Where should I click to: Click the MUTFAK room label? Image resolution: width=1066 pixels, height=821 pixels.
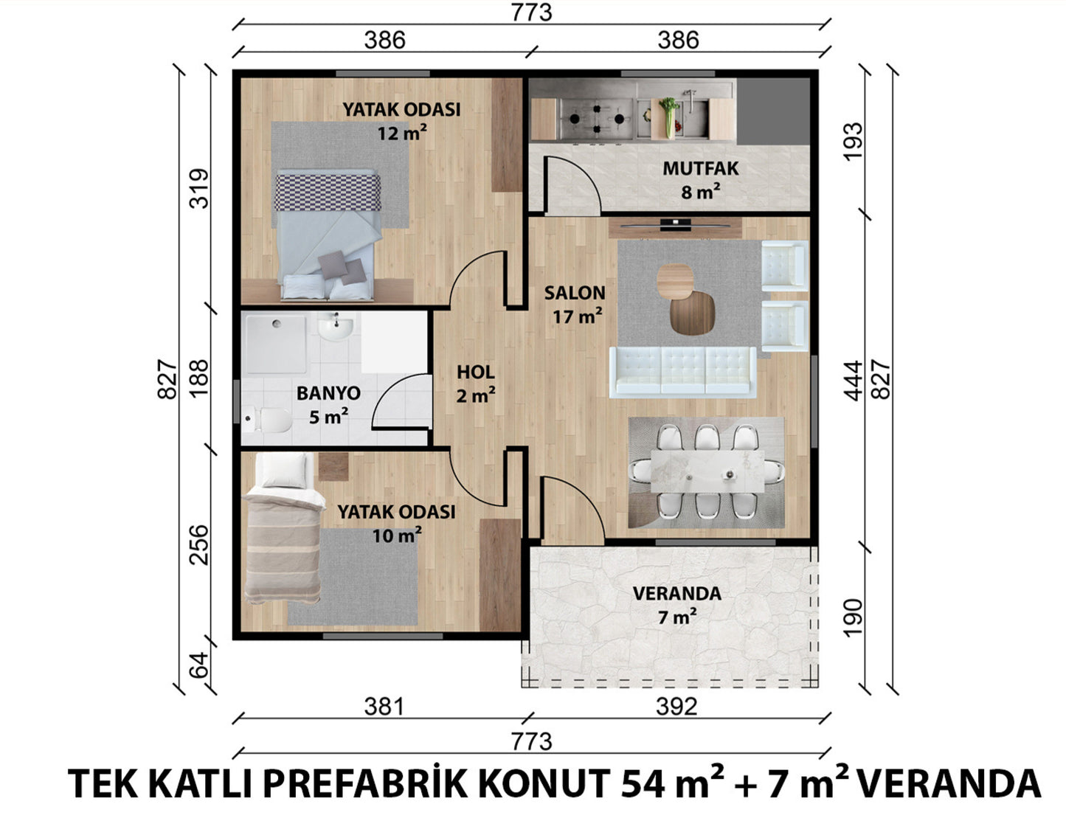[x=701, y=169]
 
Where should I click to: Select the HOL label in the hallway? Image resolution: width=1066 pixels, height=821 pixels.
[x=476, y=373]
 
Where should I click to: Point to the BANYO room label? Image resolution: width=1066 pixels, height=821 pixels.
[x=328, y=393]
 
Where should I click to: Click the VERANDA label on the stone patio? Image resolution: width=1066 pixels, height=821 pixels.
[x=677, y=594]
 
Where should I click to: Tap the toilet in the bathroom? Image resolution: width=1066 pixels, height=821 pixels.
[x=267, y=420]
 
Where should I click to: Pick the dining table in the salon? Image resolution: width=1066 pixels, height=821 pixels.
[x=707, y=471]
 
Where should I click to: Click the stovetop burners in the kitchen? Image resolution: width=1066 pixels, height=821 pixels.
[x=596, y=119]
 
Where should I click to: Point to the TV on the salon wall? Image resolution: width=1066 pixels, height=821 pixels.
[x=676, y=225]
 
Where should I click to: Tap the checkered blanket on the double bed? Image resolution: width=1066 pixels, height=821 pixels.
[x=328, y=193]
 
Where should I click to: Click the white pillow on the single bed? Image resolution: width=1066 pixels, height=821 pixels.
[x=284, y=470]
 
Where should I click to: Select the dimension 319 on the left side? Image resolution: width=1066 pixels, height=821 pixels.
[x=199, y=189]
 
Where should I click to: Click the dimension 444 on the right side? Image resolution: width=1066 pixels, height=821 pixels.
[x=854, y=381]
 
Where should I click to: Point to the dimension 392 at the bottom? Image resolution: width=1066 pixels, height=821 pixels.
[x=676, y=707]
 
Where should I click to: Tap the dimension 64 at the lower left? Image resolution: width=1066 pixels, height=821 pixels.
[x=199, y=665]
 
